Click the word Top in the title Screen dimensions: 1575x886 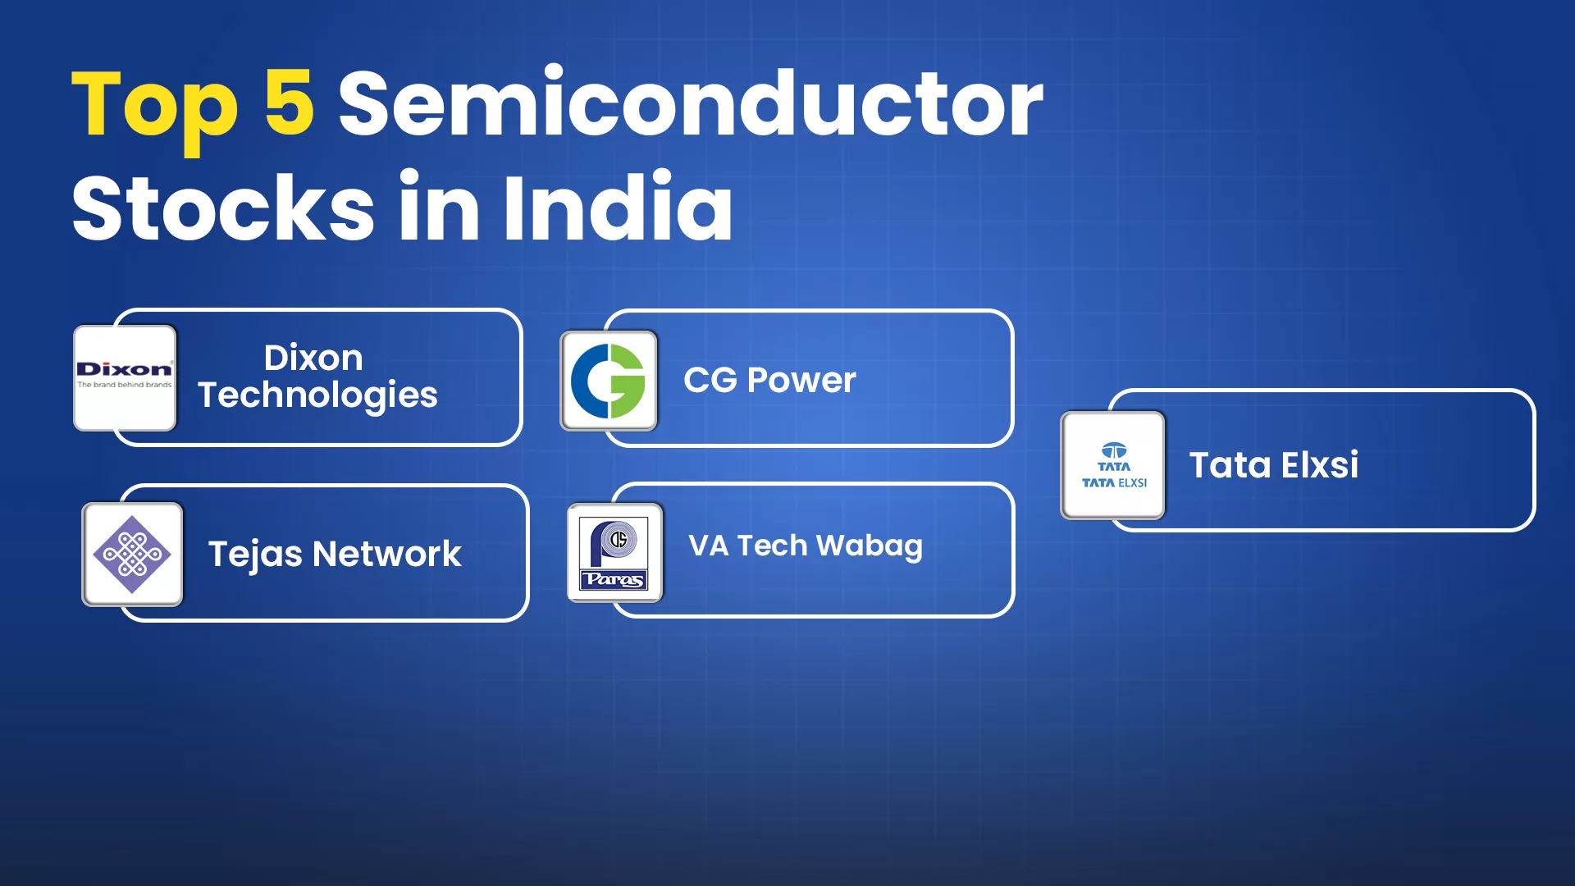tap(155, 108)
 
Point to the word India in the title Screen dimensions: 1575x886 tap(618, 204)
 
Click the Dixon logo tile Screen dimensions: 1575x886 tap(125, 377)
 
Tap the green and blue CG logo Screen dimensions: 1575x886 tap(609, 381)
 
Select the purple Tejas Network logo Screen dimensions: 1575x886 tap(132, 555)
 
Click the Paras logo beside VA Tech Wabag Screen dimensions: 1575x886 tap(615, 552)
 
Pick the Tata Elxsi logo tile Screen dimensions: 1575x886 tap(1113, 465)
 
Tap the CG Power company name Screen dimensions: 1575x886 tap(769, 380)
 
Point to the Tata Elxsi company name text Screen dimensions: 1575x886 tap(1274, 465)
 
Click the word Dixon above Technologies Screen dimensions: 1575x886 tap(313, 358)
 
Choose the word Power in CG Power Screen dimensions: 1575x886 tap(801, 381)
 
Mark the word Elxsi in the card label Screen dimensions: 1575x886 tap(1320, 465)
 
